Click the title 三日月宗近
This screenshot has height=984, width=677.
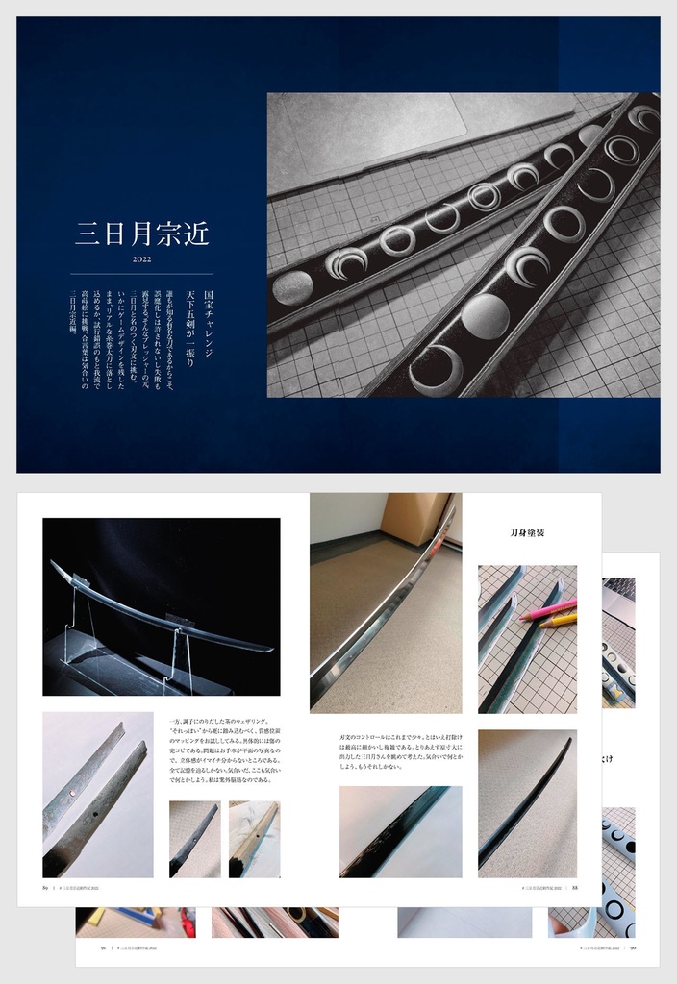(x=141, y=234)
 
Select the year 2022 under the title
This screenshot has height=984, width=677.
(x=141, y=258)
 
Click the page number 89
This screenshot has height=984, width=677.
(x=45, y=888)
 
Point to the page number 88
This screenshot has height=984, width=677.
(x=574, y=888)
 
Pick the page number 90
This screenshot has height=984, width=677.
(x=632, y=947)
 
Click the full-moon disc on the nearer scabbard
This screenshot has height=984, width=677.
(x=485, y=315)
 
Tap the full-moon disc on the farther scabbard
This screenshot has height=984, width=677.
(x=293, y=286)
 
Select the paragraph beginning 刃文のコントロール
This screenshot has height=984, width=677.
(x=399, y=746)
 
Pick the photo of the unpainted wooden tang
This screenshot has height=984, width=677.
(x=255, y=839)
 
